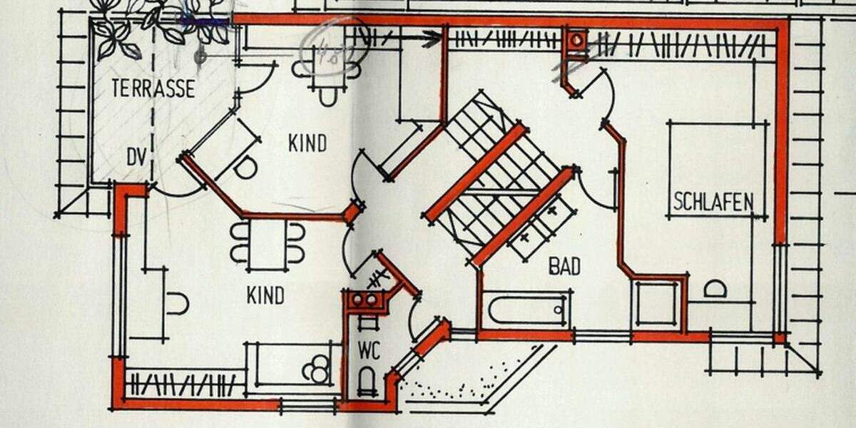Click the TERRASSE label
click(x=153, y=88)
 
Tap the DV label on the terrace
click(x=136, y=157)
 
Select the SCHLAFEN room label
click(x=713, y=203)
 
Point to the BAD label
click(x=564, y=267)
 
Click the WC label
click(x=370, y=350)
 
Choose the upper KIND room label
click(x=307, y=143)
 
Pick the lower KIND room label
click(x=265, y=295)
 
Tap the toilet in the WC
click(x=367, y=380)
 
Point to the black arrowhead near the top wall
click(x=431, y=39)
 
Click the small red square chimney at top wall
click(x=575, y=40)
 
